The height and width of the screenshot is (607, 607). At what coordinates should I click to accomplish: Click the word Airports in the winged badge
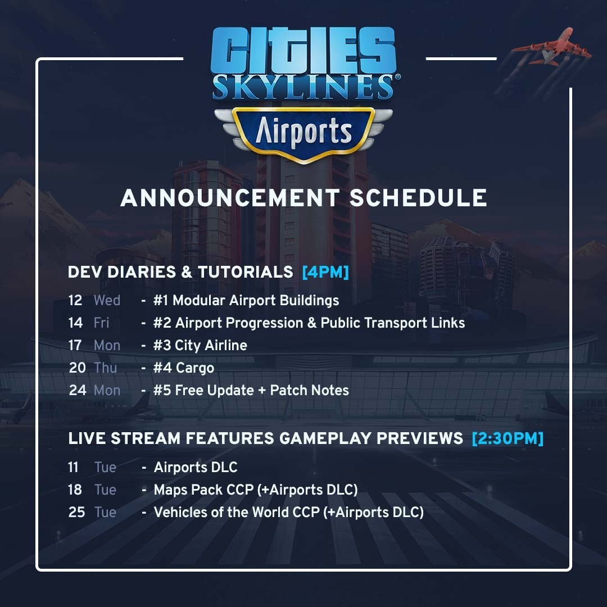(x=304, y=131)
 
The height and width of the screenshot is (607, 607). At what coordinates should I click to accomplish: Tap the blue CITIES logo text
(x=303, y=50)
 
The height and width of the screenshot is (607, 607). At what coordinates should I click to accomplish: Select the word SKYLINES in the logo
(x=303, y=87)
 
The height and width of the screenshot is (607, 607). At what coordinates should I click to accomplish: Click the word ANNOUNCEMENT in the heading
(x=230, y=198)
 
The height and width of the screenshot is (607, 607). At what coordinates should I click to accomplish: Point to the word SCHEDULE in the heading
(x=418, y=198)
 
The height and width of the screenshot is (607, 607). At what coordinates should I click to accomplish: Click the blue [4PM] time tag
(x=325, y=272)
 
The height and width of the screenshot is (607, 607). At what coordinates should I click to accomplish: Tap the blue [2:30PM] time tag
(x=508, y=438)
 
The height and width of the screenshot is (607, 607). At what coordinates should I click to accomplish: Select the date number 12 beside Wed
(x=75, y=300)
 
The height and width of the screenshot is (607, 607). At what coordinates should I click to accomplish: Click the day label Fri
(x=101, y=323)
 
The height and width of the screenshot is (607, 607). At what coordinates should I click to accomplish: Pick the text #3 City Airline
(x=200, y=345)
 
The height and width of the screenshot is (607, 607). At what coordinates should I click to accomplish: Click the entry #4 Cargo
(x=183, y=368)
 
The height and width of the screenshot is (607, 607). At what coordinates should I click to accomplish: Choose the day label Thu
(x=105, y=368)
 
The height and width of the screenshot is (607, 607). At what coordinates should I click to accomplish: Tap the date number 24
(x=78, y=390)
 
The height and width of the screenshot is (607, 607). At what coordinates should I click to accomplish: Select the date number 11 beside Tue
(x=73, y=467)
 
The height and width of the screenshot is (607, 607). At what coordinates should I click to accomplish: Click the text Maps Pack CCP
(x=203, y=490)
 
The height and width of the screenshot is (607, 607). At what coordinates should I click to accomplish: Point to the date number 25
(x=76, y=512)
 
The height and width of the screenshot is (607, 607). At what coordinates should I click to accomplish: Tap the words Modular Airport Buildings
(x=256, y=300)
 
